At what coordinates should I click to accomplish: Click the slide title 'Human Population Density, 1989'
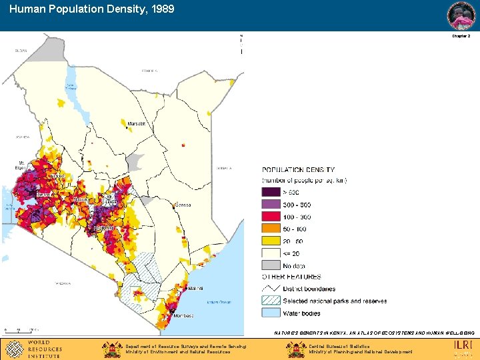click(92, 10)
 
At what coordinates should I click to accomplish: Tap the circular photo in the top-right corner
click(461, 15)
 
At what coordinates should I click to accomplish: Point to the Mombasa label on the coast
click(183, 315)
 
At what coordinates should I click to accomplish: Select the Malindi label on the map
click(195, 288)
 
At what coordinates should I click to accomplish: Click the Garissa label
click(182, 205)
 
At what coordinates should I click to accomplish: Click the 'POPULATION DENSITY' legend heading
click(299, 170)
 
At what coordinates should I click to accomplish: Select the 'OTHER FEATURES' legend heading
click(291, 277)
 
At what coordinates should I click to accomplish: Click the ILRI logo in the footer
click(463, 345)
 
